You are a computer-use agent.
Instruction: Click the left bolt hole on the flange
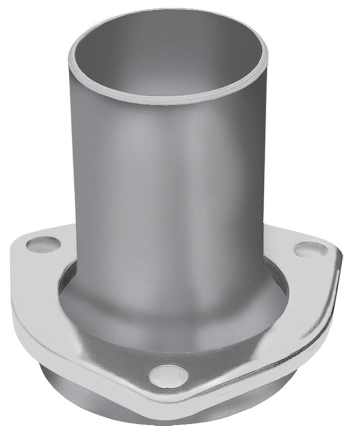[x=44, y=244]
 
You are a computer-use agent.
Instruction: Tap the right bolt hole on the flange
[x=310, y=250]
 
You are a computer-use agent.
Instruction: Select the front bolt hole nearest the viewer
[x=168, y=376]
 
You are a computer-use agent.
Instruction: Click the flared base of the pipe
[x=170, y=314]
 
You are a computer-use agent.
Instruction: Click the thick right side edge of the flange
[x=329, y=303]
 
